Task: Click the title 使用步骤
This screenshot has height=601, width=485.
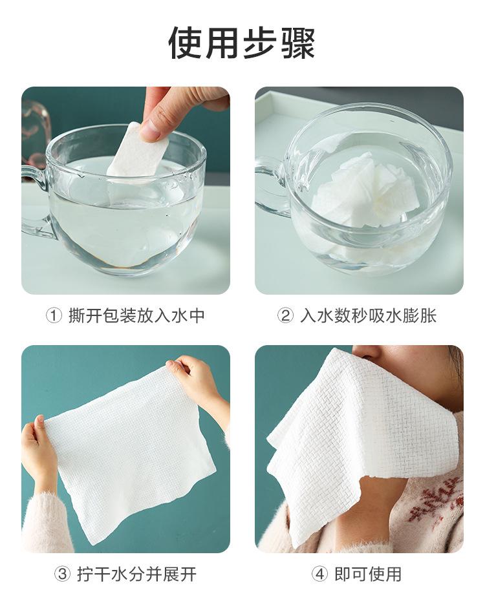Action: pyautogui.click(x=242, y=43)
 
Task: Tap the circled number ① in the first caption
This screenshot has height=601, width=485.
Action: pyautogui.click(x=54, y=316)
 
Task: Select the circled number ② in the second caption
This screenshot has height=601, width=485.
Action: pyautogui.click(x=285, y=316)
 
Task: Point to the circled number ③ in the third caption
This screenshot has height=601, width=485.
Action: pyautogui.click(x=62, y=575)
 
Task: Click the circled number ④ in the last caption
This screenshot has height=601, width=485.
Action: pyautogui.click(x=319, y=575)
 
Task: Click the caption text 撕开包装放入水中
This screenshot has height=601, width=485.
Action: pyautogui.click(x=136, y=316)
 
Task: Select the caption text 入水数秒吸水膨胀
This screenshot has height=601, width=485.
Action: pyautogui.click(x=369, y=316)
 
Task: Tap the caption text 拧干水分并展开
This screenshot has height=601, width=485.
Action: pyautogui.click(x=137, y=575)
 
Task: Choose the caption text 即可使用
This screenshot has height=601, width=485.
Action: pyautogui.click(x=368, y=575)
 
